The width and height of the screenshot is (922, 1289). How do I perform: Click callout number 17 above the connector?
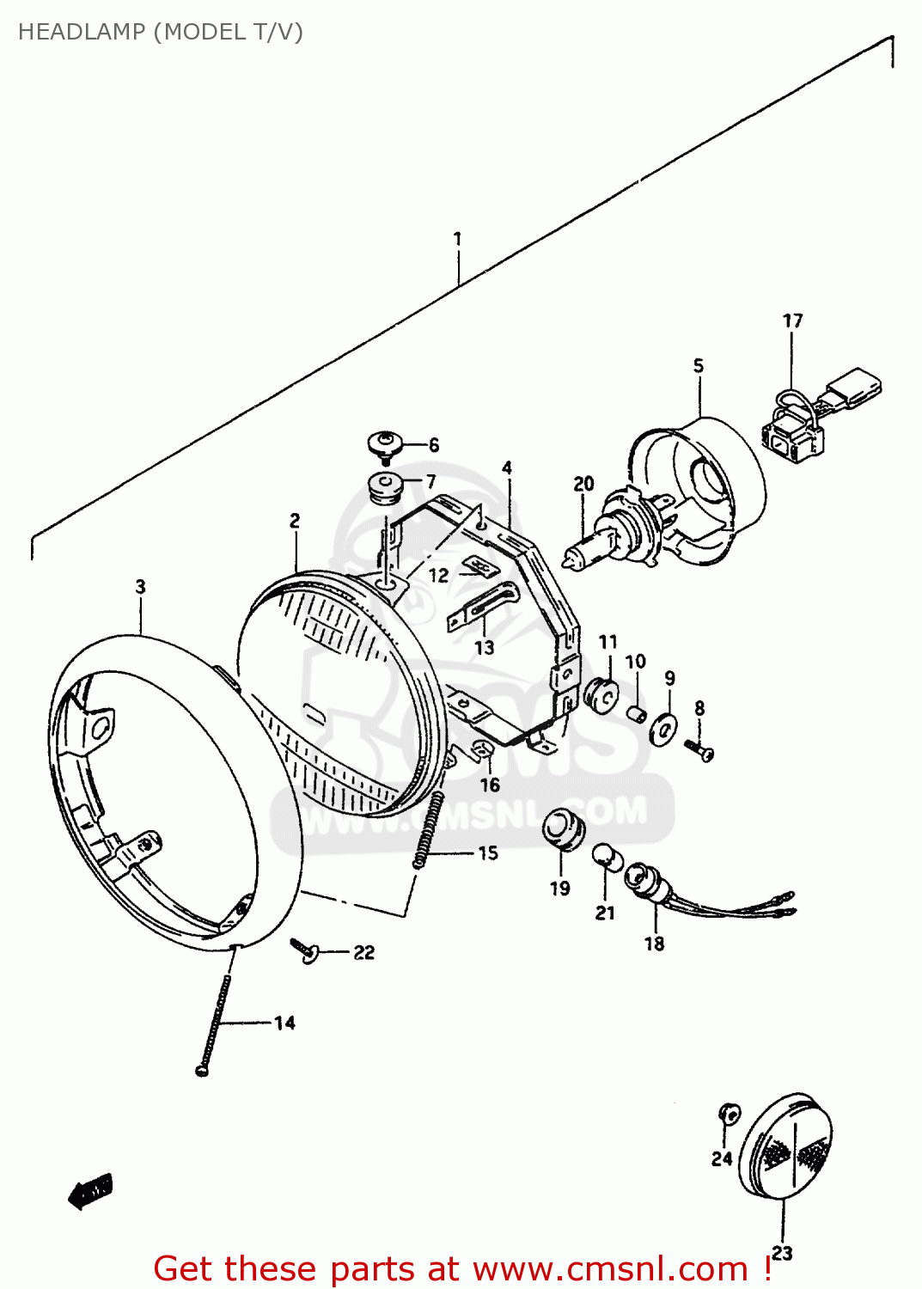tap(792, 321)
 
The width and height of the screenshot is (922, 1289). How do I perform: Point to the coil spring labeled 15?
tap(429, 829)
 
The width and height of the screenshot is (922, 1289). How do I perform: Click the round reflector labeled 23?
tap(785, 1145)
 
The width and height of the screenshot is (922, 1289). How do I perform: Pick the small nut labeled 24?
tap(729, 1114)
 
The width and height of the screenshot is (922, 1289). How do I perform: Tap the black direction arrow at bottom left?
tap(90, 1191)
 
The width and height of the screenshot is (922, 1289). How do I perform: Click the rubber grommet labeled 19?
tap(563, 830)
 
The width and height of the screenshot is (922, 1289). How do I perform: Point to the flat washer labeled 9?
tap(663, 729)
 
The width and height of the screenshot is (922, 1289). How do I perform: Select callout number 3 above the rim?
tap(140, 587)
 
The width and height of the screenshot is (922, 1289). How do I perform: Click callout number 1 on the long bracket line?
tap(457, 238)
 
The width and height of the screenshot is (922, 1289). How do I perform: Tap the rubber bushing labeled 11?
tap(602, 694)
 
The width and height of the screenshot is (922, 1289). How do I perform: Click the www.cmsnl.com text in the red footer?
tap(609, 1268)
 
